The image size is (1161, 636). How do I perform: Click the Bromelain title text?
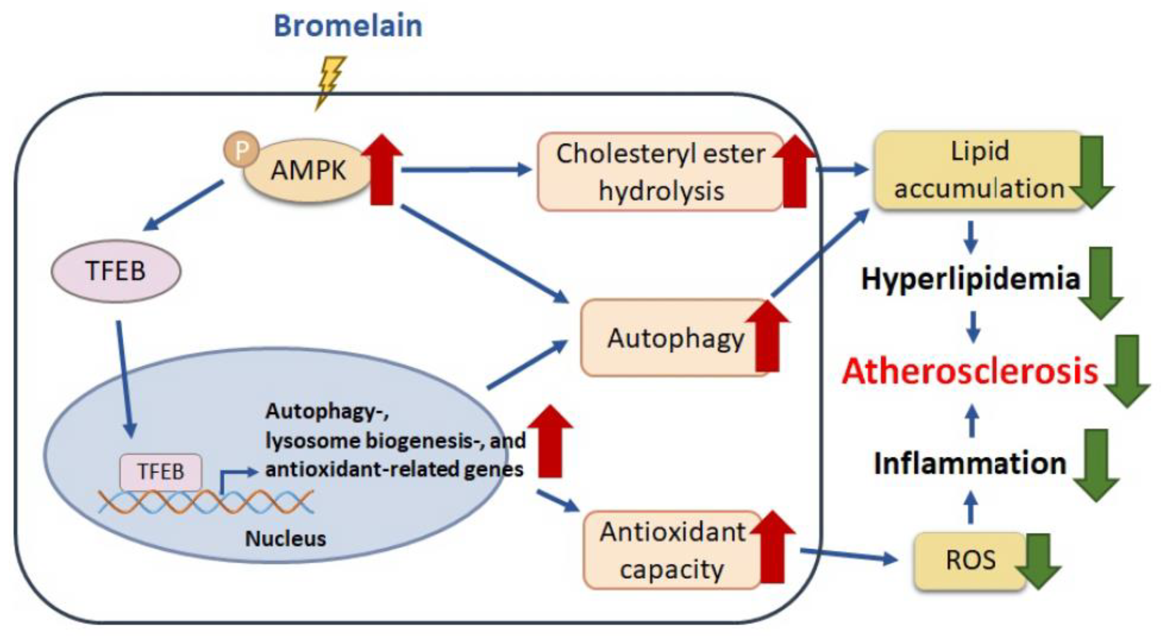pos(348,26)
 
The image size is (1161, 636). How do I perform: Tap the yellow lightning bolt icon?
pos(330,81)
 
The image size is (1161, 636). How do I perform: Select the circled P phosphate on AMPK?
pos(241,149)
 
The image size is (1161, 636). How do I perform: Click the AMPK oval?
pos(308,171)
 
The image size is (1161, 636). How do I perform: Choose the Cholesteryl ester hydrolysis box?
pos(660,172)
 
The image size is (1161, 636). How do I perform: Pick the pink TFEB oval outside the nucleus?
pos(116,271)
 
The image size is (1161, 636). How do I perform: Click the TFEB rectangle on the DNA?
pos(161,472)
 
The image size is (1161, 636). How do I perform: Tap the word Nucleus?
pos(285,539)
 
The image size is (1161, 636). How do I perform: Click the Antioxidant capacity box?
pos(672,550)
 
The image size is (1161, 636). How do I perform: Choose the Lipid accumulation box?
pos(978,170)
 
